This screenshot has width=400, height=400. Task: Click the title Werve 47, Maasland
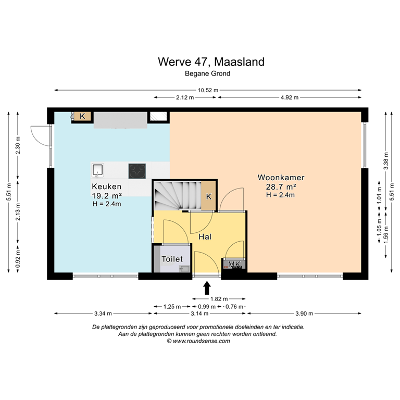pyautogui.click(x=211, y=62)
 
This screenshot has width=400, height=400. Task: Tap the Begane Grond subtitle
pyautogui.click(x=207, y=74)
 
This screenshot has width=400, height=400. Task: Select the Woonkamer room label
pyautogui.click(x=281, y=178)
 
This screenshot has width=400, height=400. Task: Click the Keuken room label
pyautogui.click(x=106, y=186)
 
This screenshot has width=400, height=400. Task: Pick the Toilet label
pyautogui.click(x=172, y=259)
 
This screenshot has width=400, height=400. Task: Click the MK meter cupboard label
pyautogui.click(x=234, y=265)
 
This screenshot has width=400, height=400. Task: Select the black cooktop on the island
pyautogui.click(x=137, y=170)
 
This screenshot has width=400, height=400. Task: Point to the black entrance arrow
pyautogui.click(x=207, y=287)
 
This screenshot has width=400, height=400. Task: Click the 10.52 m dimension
pyautogui.click(x=207, y=90)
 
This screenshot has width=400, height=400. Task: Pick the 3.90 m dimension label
pyautogui.click(x=304, y=314)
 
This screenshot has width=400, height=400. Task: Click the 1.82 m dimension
pyautogui.click(x=216, y=298)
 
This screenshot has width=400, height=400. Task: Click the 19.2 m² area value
pyautogui.click(x=106, y=195)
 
